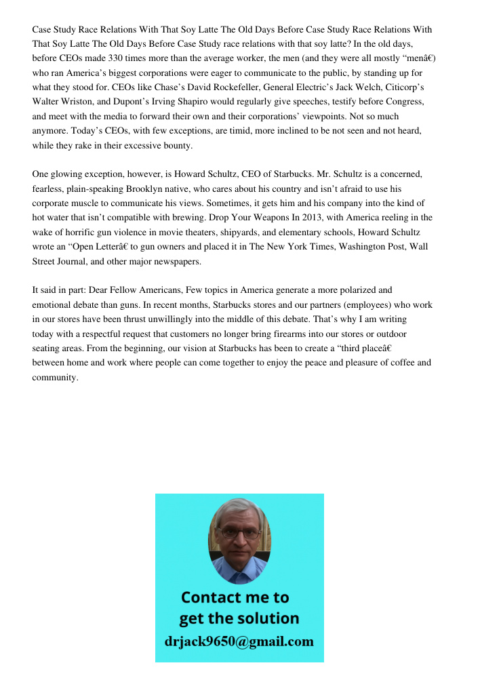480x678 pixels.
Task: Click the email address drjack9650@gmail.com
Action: click(x=239, y=641)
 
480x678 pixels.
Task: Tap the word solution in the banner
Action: click(x=267, y=618)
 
